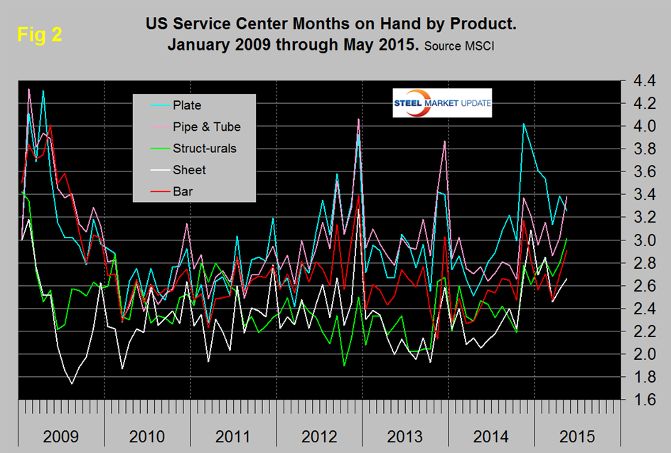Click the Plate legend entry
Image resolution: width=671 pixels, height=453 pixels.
pos(186,105)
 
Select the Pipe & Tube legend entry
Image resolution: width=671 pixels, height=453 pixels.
pos(206,127)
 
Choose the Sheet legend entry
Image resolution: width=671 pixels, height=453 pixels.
pos(188,169)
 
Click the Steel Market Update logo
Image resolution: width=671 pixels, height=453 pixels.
pos(441,104)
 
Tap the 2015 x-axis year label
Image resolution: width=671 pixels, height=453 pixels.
pos(577,436)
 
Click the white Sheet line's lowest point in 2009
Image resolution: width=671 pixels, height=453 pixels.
pos(71,384)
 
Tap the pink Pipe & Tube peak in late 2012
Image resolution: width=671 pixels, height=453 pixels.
pos(358,119)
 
